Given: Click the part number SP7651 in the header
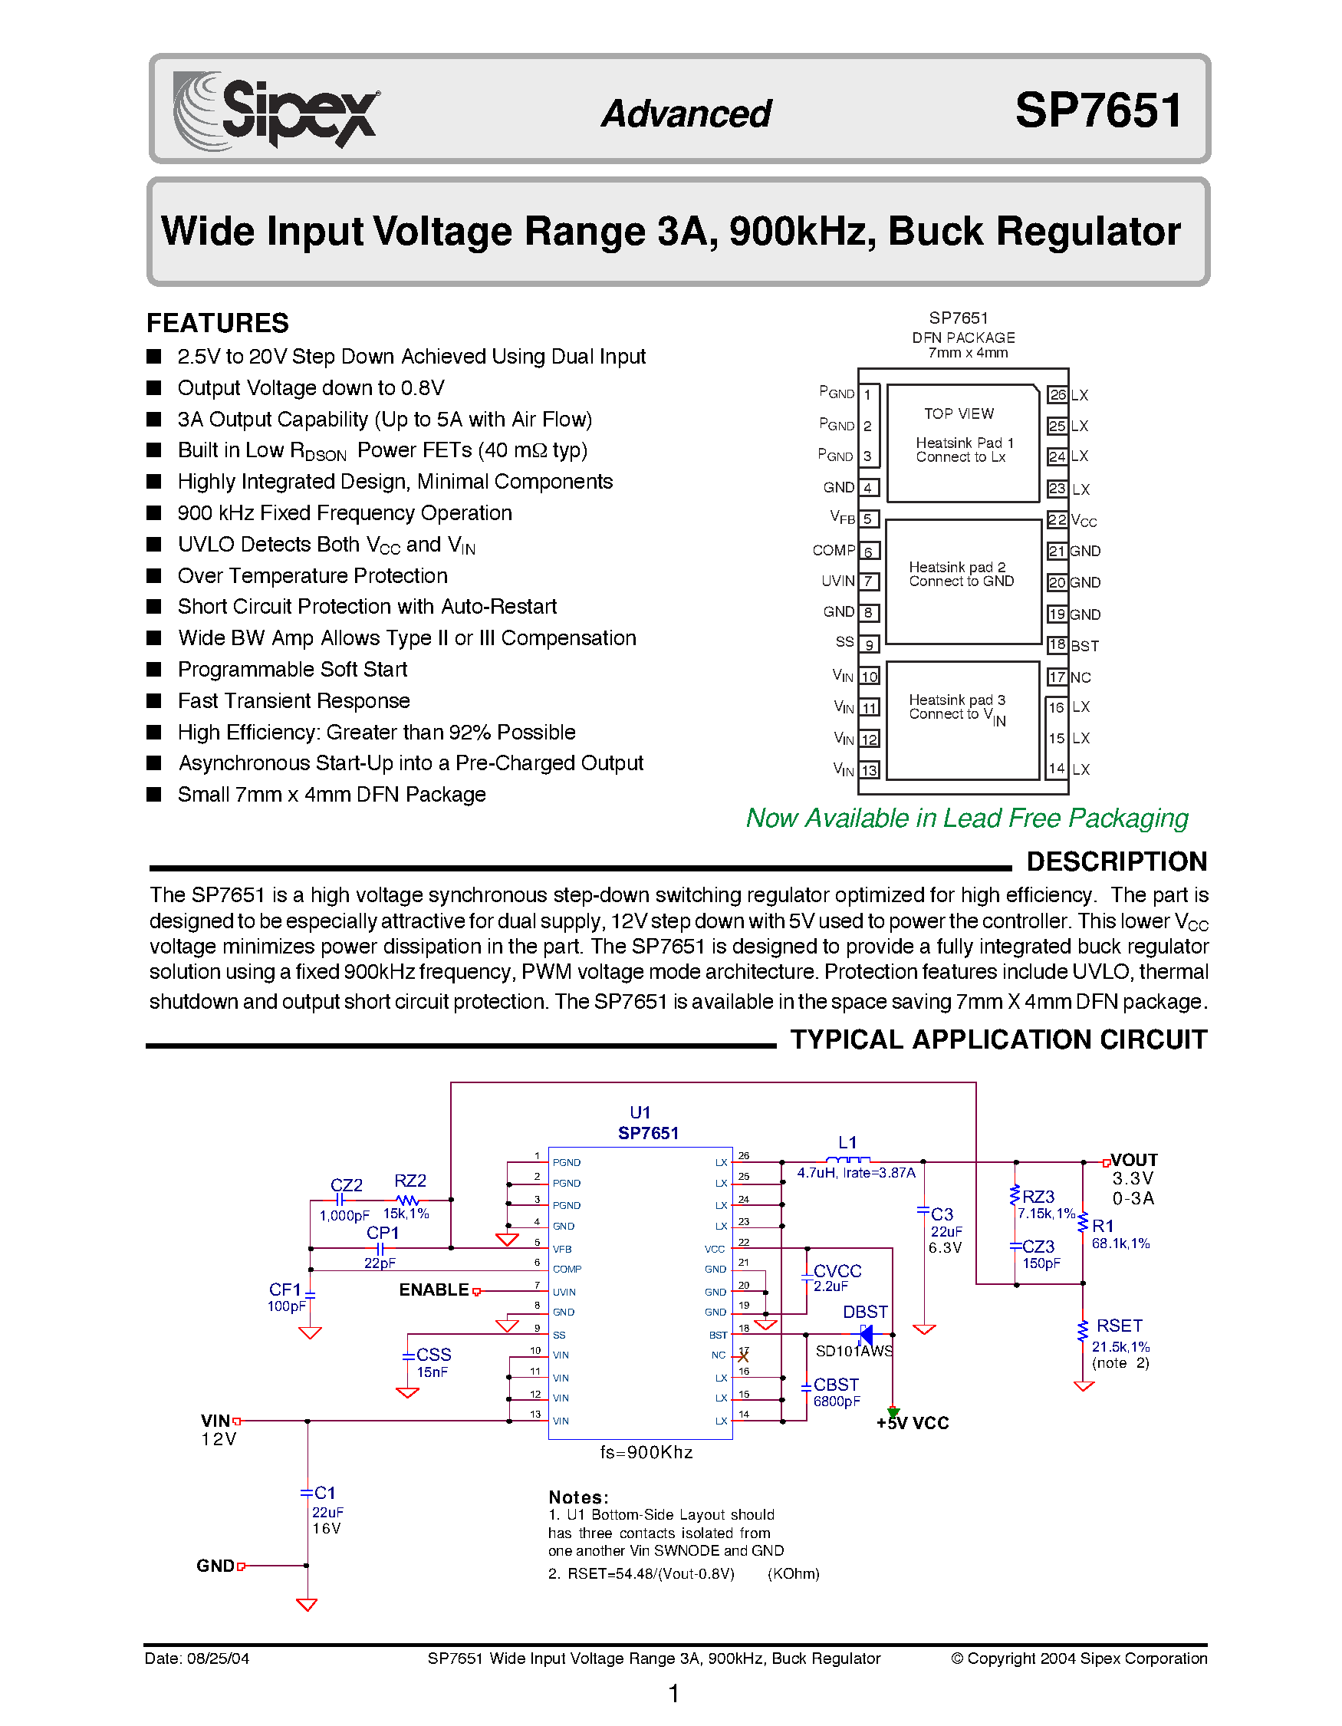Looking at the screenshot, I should (1098, 110).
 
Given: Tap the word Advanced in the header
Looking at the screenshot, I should (686, 114).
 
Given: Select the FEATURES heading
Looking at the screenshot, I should (217, 322).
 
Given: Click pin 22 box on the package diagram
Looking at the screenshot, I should (1057, 520).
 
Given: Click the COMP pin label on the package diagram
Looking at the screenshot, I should (834, 550).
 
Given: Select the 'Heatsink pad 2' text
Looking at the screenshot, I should (956, 568).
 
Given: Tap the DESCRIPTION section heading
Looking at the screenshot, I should (1116, 861).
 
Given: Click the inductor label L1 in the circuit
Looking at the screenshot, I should (847, 1142).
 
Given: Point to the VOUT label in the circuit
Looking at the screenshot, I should (1133, 1159).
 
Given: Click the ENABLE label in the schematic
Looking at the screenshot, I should (433, 1290).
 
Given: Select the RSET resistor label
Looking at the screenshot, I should (1119, 1326).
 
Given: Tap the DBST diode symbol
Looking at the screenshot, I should (866, 1335).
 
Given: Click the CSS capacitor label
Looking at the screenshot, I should (433, 1355).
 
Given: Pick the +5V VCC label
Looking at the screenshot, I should (913, 1423).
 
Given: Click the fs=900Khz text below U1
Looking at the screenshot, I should (646, 1453).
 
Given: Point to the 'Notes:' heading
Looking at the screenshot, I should (578, 1497).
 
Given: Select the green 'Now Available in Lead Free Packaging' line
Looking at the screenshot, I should (967, 818).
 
